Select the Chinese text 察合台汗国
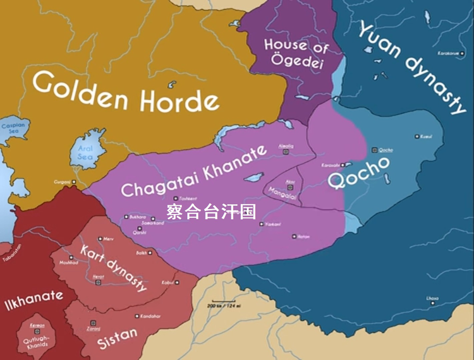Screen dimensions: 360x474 click(x=211, y=212)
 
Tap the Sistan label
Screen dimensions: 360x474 click(x=117, y=339)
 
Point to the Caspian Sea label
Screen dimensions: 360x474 click(x=13, y=128)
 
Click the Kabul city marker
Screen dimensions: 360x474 click(x=178, y=282)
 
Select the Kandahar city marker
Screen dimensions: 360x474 click(x=137, y=316)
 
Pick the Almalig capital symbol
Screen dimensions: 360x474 click(x=286, y=152)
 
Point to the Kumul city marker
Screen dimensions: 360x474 click(x=416, y=136)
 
